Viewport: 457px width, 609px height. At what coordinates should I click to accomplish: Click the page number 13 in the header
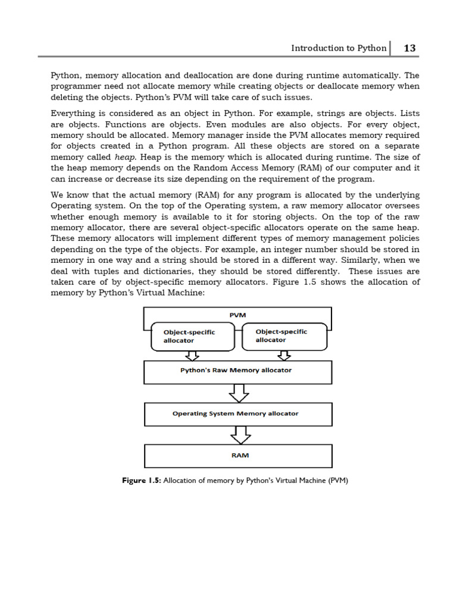pyautogui.click(x=409, y=48)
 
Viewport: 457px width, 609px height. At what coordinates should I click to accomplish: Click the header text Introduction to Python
pyautogui.click(x=338, y=48)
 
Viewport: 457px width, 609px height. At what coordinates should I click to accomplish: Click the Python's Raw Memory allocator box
pyautogui.click(x=237, y=371)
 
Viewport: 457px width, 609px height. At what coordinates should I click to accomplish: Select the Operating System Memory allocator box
pyautogui.click(x=237, y=414)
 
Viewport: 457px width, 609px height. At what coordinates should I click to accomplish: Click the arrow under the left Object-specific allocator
pyautogui.click(x=192, y=356)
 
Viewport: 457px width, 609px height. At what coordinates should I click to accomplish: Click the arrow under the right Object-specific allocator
pyautogui.click(x=284, y=356)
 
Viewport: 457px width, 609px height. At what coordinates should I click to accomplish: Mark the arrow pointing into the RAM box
pyautogui.click(x=240, y=436)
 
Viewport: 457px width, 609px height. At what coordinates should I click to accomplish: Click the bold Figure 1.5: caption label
pyautogui.click(x=142, y=481)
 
